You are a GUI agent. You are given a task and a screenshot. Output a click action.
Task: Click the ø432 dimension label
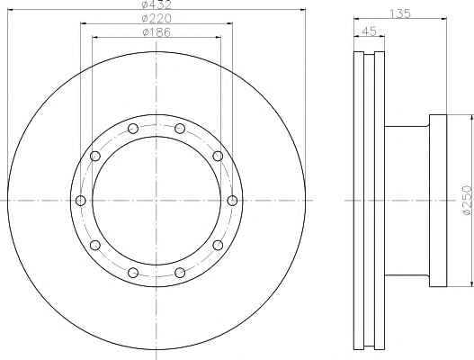pos(157,4)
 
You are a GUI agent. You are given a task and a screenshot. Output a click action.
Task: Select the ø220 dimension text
pos(157,19)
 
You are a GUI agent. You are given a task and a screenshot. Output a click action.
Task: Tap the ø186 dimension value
pos(157,32)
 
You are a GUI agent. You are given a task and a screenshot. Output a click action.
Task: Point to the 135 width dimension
pos(400,13)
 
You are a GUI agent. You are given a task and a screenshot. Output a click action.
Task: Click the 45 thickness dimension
pos(369,31)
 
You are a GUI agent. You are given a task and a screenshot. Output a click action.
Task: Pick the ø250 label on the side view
pos(468,201)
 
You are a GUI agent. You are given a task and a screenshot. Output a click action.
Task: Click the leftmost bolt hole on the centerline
pos(81,201)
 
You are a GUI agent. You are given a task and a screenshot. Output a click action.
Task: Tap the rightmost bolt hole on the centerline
pos(232,201)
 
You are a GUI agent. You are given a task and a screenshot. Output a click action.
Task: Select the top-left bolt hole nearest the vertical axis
pos(133,129)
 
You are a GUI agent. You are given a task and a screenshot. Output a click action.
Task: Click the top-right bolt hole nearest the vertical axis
pos(180,129)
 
